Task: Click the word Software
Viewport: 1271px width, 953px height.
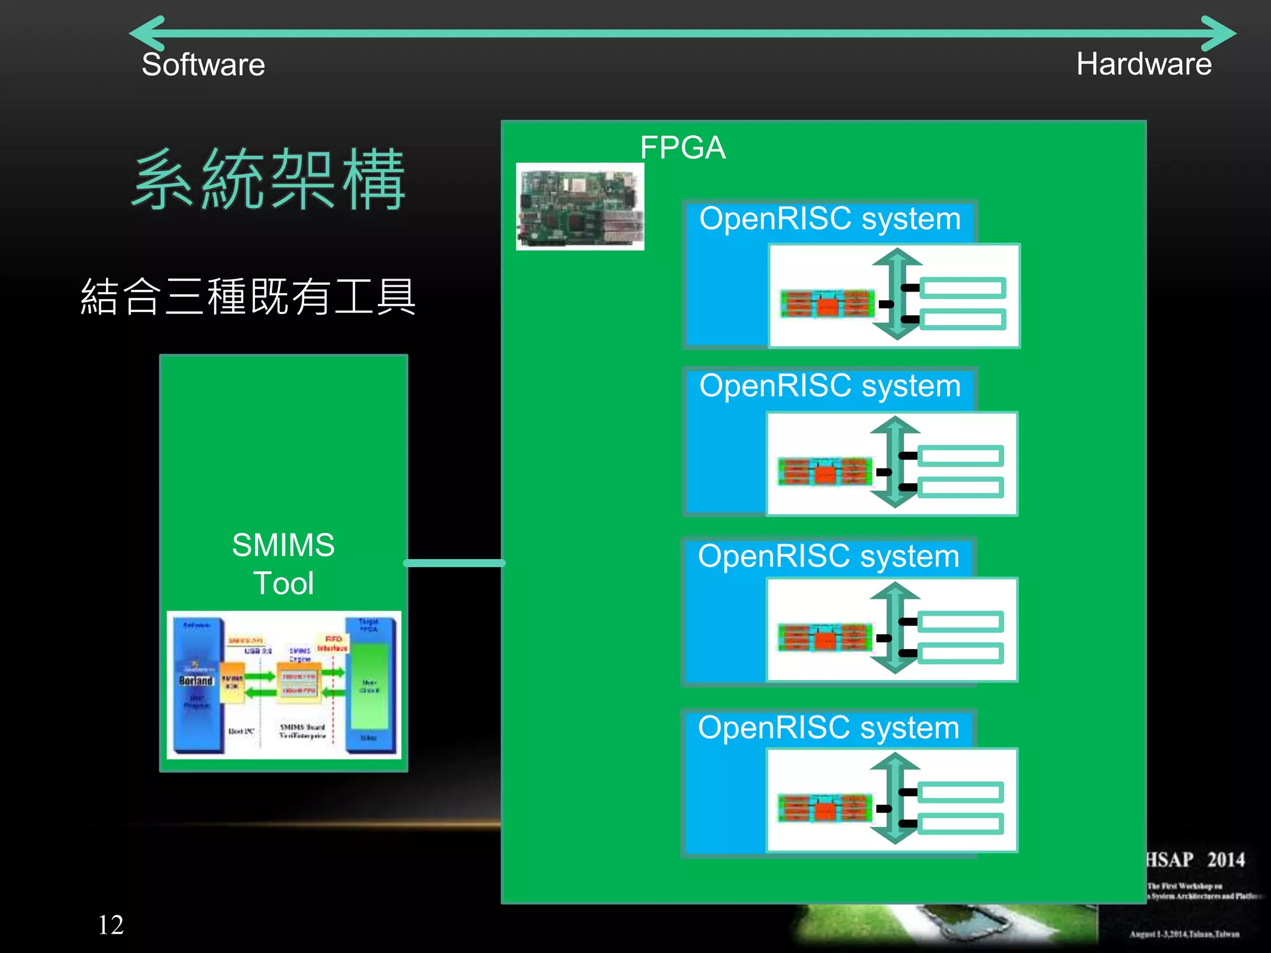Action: click(x=203, y=65)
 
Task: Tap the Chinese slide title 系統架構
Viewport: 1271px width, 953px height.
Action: click(x=269, y=180)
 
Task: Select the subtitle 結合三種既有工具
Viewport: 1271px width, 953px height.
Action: click(x=248, y=297)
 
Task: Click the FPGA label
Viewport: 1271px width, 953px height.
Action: click(x=682, y=148)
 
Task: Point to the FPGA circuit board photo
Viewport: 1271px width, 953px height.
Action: click(x=580, y=207)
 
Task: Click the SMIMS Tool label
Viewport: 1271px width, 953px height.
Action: click(x=283, y=563)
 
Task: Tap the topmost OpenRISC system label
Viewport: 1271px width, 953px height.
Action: click(x=829, y=219)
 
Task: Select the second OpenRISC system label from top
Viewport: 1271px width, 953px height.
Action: click(x=829, y=386)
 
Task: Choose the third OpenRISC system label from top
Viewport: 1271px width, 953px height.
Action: click(x=828, y=556)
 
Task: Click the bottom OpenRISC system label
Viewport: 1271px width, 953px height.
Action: click(x=828, y=727)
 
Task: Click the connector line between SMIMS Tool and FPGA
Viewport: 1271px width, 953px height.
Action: click(x=454, y=563)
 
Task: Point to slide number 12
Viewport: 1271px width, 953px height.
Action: click(x=111, y=924)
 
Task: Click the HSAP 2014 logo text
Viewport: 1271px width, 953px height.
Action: click(x=1195, y=860)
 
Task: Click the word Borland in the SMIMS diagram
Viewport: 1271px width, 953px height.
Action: click(x=195, y=681)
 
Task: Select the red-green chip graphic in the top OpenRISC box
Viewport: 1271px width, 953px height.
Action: click(x=827, y=303)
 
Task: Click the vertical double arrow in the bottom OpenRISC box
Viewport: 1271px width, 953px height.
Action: click(x=895, y=798)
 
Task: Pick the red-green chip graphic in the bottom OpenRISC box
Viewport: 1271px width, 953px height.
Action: click(x=825, y=808)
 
